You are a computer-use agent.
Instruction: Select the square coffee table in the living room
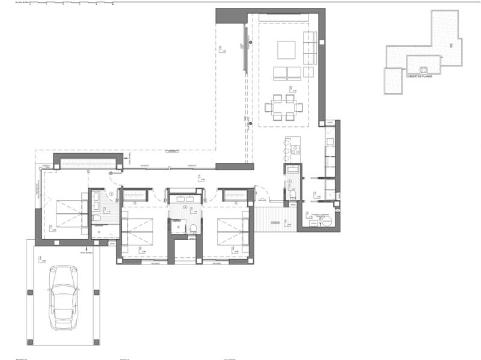tap(286, 49)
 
